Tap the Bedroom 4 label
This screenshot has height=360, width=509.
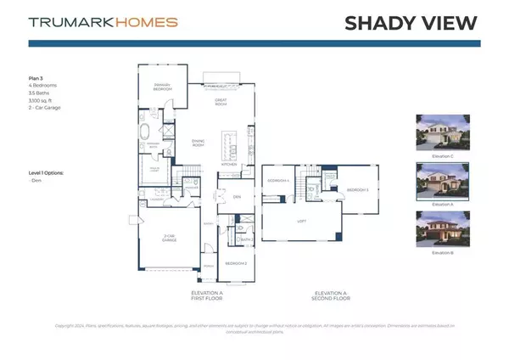[279, 182]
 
